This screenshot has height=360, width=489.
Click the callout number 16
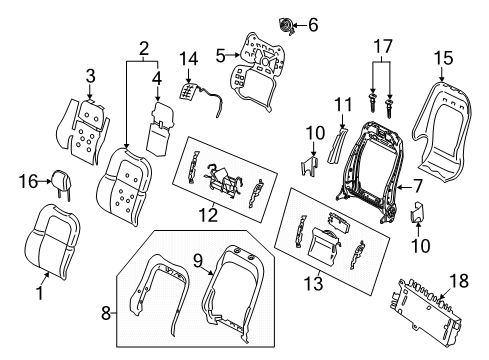[28, 180]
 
